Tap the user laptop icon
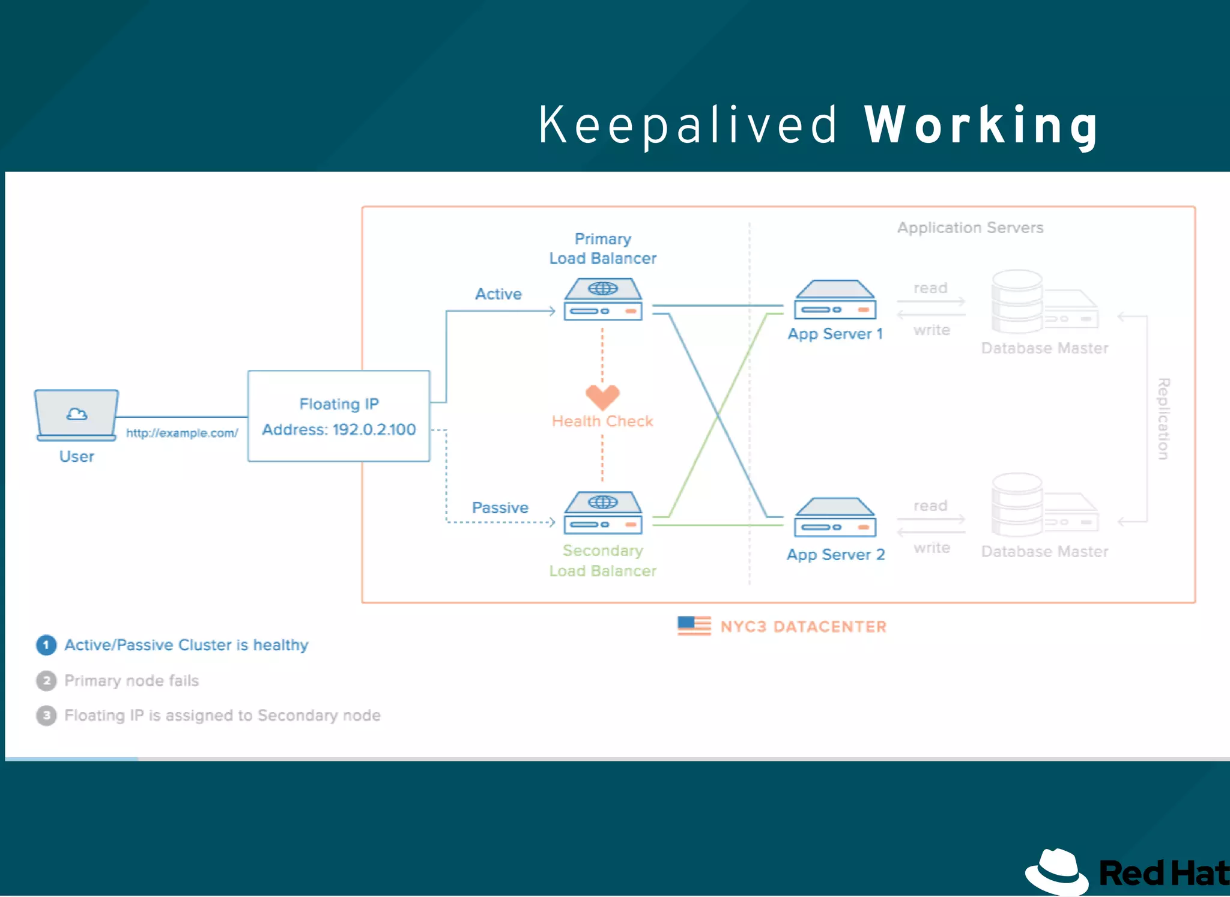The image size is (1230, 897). coord(76,415)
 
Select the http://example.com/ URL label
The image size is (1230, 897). coord(182,433)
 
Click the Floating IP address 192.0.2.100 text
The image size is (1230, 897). coord(339,430)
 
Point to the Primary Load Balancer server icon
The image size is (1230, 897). coord(603,299)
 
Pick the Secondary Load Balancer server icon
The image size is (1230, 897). coord(603,513)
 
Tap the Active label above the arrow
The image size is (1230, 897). coord(498,294)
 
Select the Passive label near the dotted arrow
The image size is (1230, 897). coord(500,508)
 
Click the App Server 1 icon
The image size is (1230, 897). coord(835,300)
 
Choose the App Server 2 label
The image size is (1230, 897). coord(835,555)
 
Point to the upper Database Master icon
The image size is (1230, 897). coord(1044,301)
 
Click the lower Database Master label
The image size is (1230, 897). coord(1044,552)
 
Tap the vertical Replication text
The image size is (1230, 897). coord(1163,418)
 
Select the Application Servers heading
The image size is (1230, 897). coord(970,228)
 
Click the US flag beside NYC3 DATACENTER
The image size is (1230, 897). coord(694,626)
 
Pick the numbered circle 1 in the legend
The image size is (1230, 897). coord(46,645)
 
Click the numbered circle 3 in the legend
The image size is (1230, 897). coord(46,716)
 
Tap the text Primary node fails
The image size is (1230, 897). coord(132,680)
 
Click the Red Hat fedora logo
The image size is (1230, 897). coord(1057,872)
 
